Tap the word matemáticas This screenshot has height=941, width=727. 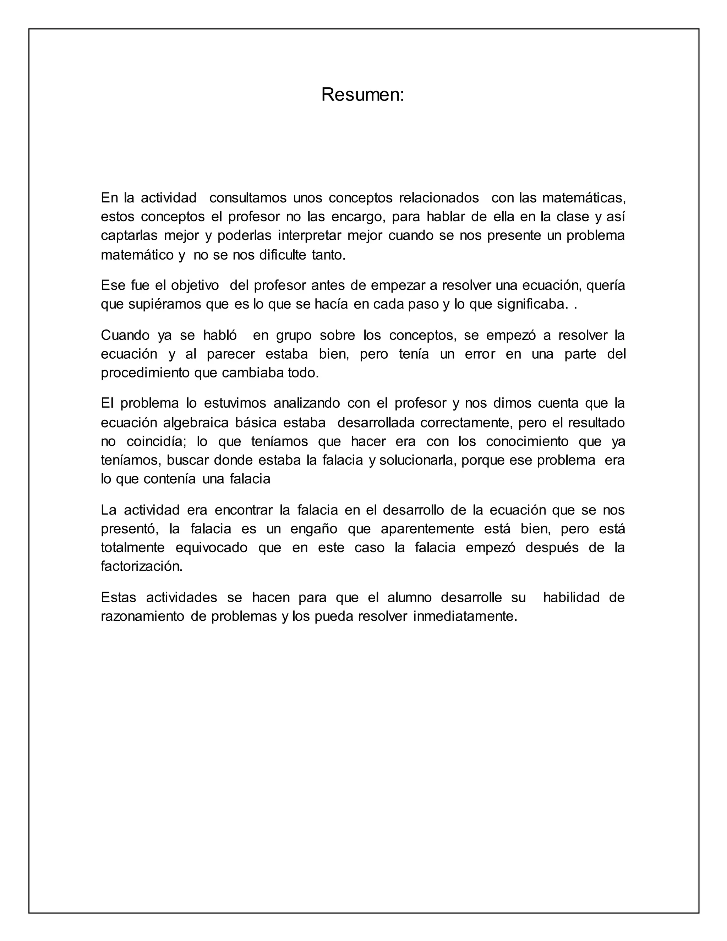[583, 198]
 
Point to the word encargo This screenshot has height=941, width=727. [357, 217]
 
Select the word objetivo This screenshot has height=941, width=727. [195, 285]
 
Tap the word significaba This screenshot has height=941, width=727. [530, 304]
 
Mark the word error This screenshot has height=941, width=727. [480, 354]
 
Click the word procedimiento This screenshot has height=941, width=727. [146, 373]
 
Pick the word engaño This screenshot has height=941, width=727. [315, 529]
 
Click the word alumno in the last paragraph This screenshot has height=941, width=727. [409, 598]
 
